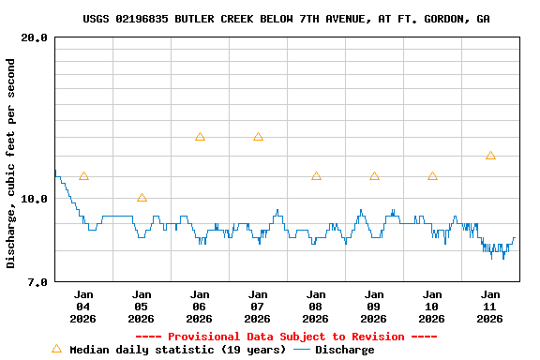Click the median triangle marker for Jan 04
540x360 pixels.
[83, 176]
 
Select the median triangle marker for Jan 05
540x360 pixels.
[142, 198]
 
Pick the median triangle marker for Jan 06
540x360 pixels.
[200, 137]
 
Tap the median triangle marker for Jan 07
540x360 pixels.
[258, 137]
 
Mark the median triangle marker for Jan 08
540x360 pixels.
[316, 176]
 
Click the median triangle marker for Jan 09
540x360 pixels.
[374, 176]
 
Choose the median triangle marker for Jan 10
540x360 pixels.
[432, 176]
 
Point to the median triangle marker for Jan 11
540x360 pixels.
[490, 156]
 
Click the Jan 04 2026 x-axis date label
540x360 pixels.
[83, 306]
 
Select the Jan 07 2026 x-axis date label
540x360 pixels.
[258, 306]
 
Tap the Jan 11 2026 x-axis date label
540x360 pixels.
[490, 306]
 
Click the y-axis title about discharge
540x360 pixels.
[11, 163]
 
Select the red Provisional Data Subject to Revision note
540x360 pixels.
[286, 337]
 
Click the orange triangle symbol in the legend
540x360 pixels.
[56, 349]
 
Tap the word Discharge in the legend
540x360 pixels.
[344, 350]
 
